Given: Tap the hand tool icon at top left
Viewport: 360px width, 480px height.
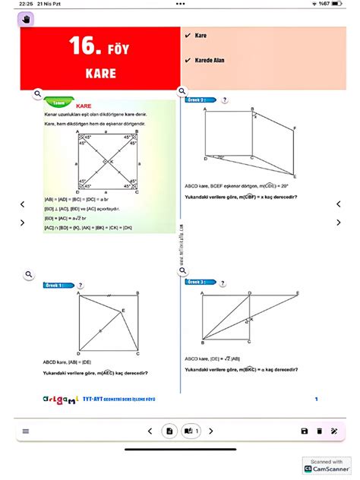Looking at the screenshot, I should pos(25,18).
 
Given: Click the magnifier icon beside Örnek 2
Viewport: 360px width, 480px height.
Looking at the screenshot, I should pos(182,93).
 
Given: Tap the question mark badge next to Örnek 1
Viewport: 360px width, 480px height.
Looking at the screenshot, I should pos(81,285).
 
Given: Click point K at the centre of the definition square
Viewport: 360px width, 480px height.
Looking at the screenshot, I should pos(111,161).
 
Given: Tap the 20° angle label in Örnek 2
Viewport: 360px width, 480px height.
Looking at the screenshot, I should pos(220,157).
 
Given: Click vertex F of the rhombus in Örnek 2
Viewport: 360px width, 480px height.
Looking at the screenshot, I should pos(296,128).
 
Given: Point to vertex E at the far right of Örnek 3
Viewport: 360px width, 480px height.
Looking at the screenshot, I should pos(296,293).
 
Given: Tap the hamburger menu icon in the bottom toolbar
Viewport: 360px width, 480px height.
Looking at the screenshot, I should pos(26,431).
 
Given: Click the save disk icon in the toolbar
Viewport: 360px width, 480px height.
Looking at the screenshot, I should pos(305,431).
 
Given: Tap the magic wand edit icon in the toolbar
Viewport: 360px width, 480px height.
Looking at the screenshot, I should pos(334,431).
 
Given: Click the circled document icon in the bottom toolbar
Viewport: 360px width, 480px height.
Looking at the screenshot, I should pos(169,431).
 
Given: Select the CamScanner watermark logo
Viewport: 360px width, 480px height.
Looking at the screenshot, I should pos(325,466).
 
